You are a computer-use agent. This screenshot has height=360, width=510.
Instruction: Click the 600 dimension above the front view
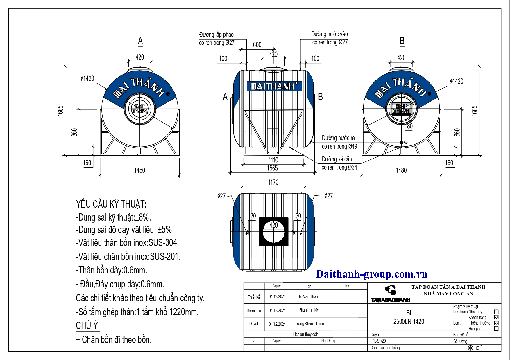[257, 45]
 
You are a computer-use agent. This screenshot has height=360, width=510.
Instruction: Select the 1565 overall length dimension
[272, 168]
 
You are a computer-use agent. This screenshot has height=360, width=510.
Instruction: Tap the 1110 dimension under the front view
[273, 160]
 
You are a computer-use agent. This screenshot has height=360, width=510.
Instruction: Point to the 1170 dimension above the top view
[273, 182]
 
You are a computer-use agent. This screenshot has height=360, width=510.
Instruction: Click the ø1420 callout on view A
[87, 78]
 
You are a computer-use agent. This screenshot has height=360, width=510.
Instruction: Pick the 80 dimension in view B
[410, 126]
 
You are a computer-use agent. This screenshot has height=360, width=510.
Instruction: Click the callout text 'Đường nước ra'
[338, 138]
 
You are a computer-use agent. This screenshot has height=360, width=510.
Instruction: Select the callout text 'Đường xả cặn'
[337, 159]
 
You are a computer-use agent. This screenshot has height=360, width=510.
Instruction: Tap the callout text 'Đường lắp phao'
[216, 35]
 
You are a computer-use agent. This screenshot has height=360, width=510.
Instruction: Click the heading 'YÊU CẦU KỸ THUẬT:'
[111, 204]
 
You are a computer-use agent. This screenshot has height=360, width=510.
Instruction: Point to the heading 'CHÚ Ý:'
[88, 326]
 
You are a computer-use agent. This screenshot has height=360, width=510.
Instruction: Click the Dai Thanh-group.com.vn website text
[372, 274]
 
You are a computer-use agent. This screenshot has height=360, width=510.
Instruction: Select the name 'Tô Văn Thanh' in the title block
[309, 296]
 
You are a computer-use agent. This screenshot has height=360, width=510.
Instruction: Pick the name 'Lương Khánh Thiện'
[309, 323]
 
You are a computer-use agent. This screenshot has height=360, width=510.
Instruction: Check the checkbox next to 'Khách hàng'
[496, 317]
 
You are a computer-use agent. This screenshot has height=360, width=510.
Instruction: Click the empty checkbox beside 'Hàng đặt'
[496, 329]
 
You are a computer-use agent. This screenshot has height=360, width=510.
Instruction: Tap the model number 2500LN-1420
[409, 321]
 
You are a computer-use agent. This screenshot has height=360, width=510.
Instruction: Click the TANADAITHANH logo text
[391, 300]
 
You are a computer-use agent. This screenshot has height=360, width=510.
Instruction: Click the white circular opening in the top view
[274, 232]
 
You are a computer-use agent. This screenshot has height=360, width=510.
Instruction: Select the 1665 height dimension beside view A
[61, 111]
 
